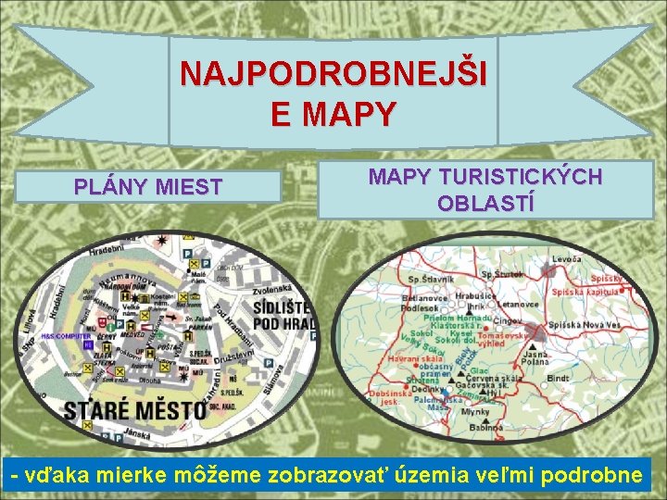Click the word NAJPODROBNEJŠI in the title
point(333,73)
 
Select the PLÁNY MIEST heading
point(148,187)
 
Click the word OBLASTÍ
point(485,203)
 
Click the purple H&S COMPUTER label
point(65,337)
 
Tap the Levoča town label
point(566,258)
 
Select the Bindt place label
point(560,379)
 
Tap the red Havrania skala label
point(413,359)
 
